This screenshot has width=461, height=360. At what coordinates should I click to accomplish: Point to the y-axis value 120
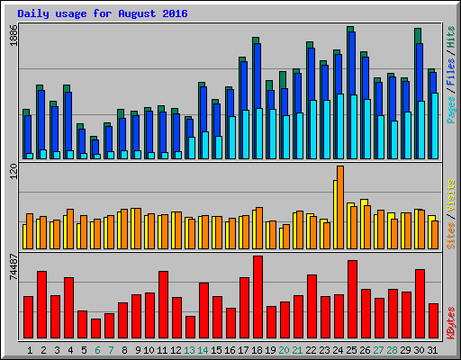pos(12,173)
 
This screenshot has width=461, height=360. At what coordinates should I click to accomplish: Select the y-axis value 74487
pos(12,268)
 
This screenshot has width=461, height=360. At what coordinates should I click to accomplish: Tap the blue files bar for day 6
pos(95,148)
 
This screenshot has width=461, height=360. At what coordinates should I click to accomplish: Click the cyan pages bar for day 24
pos(340,126)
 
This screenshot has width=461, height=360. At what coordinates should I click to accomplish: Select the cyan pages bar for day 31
pos(435,126)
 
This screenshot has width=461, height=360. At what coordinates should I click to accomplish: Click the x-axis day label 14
pos(203,349)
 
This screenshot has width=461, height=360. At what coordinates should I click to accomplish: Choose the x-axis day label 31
pos(433,349)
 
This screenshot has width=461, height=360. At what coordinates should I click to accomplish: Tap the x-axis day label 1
pos(30,349)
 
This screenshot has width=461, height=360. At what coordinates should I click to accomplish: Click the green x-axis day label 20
pos(285,349)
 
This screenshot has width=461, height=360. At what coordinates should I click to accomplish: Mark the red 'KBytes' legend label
pos(450,324)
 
